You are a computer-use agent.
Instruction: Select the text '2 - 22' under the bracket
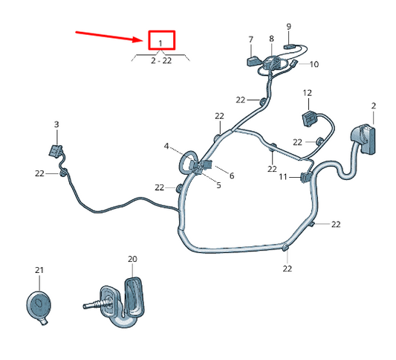161,60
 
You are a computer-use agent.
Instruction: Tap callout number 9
288,27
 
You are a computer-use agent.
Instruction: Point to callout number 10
314,64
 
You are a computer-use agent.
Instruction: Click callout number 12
307,93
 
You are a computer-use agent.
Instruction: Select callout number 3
56,124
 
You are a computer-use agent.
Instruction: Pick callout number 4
166,146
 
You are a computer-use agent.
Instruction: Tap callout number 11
282,176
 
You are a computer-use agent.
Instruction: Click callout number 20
132,259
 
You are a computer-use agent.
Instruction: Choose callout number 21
39,269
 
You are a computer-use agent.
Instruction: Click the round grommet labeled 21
39,305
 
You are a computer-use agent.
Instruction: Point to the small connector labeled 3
54,150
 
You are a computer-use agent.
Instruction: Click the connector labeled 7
251,60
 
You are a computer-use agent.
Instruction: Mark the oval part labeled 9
289,45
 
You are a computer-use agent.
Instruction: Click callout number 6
231,176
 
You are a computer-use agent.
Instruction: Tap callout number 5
218,184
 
